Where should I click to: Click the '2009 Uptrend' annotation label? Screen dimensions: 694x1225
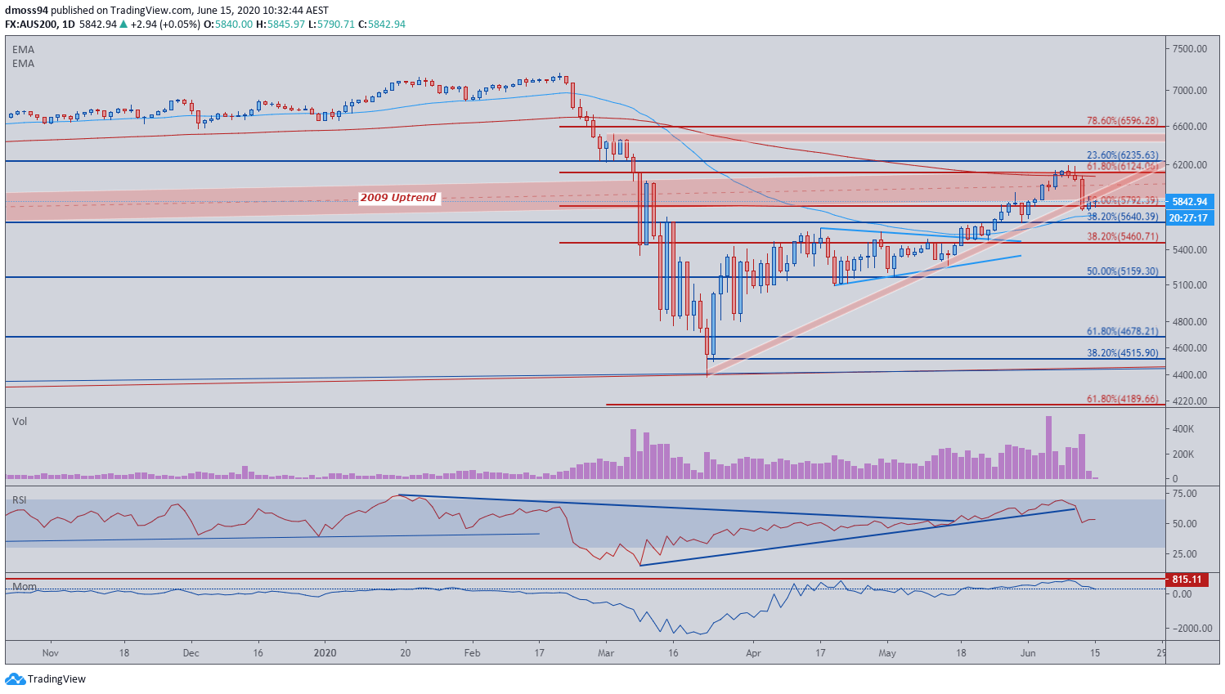point(398,198)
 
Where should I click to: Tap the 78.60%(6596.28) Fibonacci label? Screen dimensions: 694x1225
point(1122,121)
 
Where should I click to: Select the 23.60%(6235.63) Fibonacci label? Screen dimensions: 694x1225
point(1122,155)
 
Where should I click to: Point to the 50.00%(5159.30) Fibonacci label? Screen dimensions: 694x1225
point(1122,271)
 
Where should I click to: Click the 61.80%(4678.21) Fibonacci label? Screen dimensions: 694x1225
point(1122,332)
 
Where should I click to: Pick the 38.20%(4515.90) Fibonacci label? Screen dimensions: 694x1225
point(1122,353)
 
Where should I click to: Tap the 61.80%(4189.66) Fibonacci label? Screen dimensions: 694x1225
point(1122,399)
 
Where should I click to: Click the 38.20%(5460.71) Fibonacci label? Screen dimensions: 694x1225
point(1122,236)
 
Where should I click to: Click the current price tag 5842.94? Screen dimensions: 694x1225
point(1189,201)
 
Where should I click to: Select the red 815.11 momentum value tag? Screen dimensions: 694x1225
point(1187,580)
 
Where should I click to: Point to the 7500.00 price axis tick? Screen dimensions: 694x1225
point(1190,49)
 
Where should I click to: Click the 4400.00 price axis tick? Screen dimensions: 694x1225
point(1190,375)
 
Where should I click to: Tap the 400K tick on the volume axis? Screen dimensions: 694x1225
point(1185,429)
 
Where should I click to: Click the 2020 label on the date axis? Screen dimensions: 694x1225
point(325,653)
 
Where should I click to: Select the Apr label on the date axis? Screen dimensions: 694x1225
point(753,653)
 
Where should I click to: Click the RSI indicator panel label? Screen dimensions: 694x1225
point(19,499)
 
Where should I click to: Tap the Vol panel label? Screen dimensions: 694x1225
point(20,421)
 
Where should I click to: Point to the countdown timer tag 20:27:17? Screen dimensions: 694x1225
point(1189,218)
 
